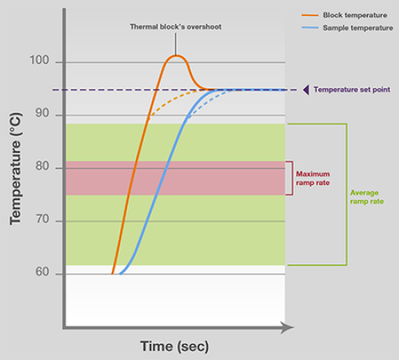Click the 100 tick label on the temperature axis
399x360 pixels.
tap(39, 60)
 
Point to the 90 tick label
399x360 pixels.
tap(42, 113)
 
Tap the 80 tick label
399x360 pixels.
tap(42, 166)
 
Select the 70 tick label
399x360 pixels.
tap(42, 219)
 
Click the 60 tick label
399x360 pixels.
tap(42, 271)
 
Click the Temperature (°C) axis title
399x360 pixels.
tap(15, 169)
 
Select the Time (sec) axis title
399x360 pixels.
tap(175, 346)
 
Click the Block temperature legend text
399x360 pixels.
tap(355, 15)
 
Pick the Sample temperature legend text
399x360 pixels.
tap(358, 28)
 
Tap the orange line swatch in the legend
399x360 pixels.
tap(310, 15)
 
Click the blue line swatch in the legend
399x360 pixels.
tap(310, 28)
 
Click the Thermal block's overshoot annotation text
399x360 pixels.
tap(176, 27)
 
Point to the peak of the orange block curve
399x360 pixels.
tap(176, 56)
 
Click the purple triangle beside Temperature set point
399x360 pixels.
tap(306, 89)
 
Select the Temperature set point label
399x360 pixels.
tap(352, 89)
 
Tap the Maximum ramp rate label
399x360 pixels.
tap(313, 178)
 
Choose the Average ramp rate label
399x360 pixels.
tap(367, 197)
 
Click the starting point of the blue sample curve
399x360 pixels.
tap(120, 274)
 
